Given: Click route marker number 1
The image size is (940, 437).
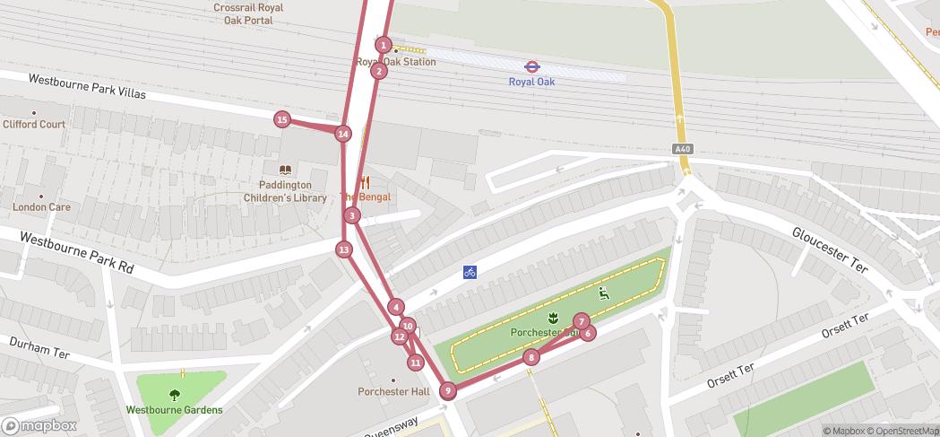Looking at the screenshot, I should coord(384,45).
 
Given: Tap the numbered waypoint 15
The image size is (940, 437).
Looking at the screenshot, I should coord(282,119).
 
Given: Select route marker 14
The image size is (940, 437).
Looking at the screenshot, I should coord(342,134).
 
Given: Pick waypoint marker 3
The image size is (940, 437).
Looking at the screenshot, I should coord(352,215).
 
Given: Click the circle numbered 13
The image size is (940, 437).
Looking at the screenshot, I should coord(344,249).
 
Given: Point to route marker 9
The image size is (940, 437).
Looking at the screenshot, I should coord(448,390).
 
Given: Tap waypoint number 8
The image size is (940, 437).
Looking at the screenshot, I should coord(531,357).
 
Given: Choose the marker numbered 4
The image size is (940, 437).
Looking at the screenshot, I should coord(396,307).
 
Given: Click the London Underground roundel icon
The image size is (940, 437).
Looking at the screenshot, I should coord(531,66).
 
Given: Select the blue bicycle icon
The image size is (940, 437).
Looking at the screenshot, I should coord(470,272).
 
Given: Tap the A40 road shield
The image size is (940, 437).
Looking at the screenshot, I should coord(683,148).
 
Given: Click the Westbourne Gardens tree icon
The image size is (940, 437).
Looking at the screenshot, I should coord(175,394).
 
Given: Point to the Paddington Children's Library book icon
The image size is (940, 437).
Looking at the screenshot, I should coord(285,170).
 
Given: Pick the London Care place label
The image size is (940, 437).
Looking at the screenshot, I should coord(41,206).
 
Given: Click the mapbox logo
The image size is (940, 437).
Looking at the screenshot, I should coord(39,425).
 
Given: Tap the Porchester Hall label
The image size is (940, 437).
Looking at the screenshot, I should coord(394,391).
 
